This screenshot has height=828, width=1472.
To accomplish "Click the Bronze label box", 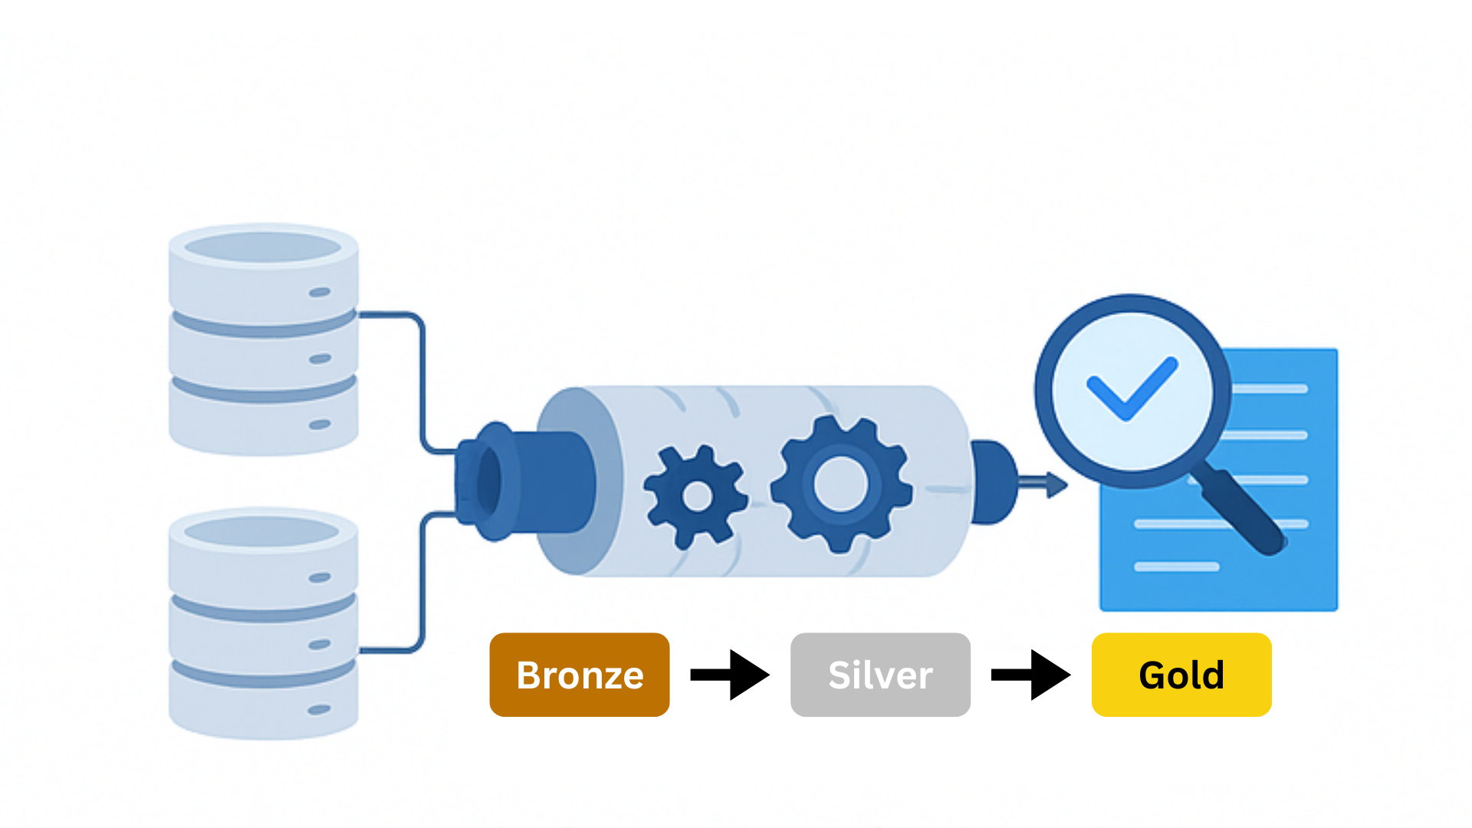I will pyautogui.click(x=580, y=675).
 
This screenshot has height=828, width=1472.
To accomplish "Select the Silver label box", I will pyautogui.click(x=880, y=675).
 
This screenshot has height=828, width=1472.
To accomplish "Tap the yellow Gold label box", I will pyautogui.click(x=1181, y=675).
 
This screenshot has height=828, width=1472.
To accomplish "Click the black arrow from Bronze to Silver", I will pyautogui.click(x=729, y=675).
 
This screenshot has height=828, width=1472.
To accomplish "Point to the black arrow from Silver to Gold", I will pyautogui.click(x=1030, y=675).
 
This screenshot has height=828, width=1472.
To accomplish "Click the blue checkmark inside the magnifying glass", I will pyautogui.click(x=1132, y=388).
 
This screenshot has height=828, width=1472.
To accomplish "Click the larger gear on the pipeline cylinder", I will pyautogui.click(x=841, y=484).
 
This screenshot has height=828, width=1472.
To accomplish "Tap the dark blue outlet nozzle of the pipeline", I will pyautogui.click(x=993, y=481).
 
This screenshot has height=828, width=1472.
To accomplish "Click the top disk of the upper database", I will pyautogui.click(x=263, y=272).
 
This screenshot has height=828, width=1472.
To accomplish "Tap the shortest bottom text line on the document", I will pyautogui.click(x=1176, y=567).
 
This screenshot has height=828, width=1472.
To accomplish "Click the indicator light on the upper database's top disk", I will pyautogui.click(x=320, y=292).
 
